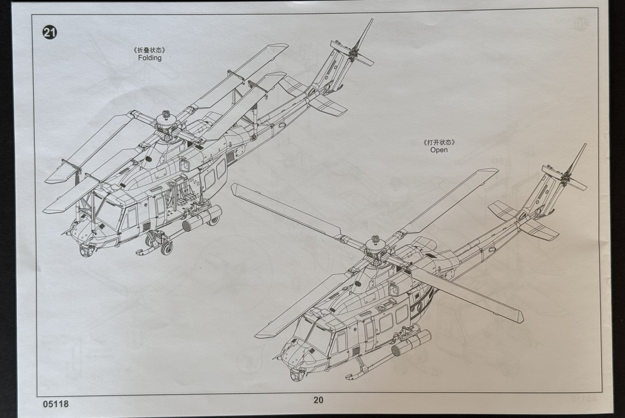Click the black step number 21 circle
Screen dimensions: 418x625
50,32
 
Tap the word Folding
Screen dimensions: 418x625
150,58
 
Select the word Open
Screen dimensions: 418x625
439,150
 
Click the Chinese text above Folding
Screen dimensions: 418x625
150,50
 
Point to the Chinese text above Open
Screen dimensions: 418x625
439,142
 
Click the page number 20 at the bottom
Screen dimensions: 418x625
318,400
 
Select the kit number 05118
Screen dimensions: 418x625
56,404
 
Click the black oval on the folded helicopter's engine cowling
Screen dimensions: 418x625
148,158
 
